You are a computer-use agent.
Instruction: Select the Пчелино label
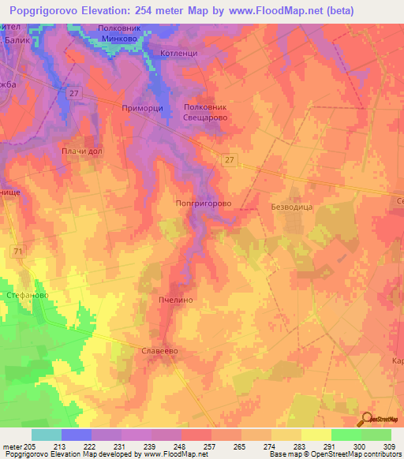tap(175, 300)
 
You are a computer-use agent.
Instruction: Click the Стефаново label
tap(28, 295)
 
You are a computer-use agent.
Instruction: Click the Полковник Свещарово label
tap(205, 111)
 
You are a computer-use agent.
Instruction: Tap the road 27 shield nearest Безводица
tap(229, 160)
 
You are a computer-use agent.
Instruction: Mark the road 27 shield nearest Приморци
tap(74, 93)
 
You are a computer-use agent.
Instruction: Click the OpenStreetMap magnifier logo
tap(368, 420)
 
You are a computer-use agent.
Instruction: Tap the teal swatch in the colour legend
tap(46, 435)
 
